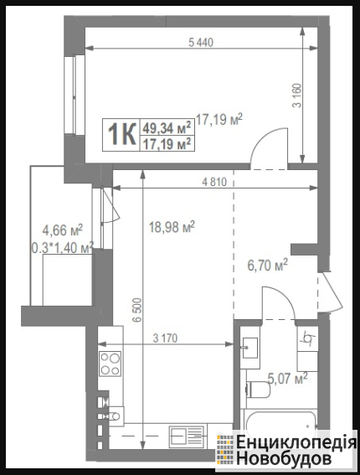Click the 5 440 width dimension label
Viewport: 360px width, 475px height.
tap(201, 43)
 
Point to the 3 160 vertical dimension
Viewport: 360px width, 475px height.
tap(297, 96)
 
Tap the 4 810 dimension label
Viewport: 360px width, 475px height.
tap(214, 182)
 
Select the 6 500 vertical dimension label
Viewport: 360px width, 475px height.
tap(136, 310)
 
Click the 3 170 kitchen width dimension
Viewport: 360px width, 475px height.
tap(165, 338)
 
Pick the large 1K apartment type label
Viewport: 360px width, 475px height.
tap(121, 135)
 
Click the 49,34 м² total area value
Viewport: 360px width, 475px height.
tap(167, 127)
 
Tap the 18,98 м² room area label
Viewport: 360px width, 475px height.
tap(172, 227)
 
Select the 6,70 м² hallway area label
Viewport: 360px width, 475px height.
tap(267, 266)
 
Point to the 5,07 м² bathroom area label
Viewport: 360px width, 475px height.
tap(288, 379)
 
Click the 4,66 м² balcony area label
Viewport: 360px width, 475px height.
tap(62, 230)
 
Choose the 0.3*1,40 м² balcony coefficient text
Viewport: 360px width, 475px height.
tap(62, 248)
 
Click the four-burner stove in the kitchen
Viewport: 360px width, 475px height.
tap(111, 364)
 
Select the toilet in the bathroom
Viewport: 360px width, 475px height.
tap(258, 390)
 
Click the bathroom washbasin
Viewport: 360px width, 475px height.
tap(249, 348)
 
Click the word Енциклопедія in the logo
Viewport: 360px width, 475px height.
tap(296, 442)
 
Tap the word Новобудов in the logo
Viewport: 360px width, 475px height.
tap(284, 458)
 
